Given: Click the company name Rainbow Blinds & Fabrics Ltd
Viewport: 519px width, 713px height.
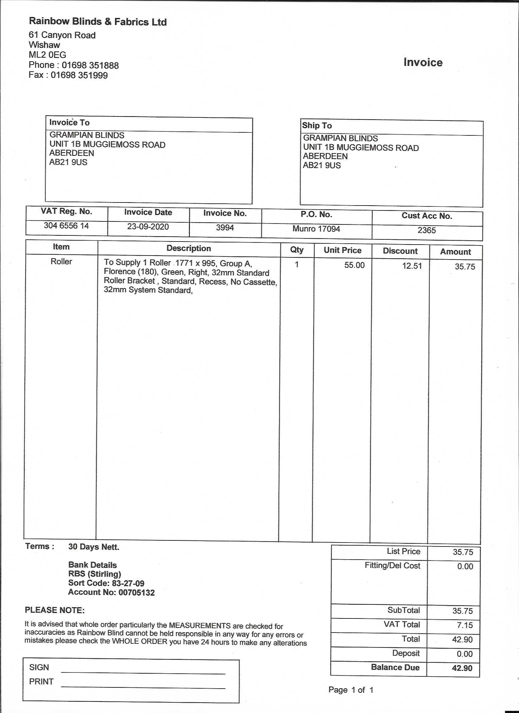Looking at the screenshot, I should [98, 22].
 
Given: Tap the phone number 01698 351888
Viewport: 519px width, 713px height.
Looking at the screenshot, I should [90, 65].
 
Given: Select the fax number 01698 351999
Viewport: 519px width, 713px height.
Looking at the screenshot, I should [79, 75].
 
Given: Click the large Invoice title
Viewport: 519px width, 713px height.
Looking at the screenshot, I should [423, 62].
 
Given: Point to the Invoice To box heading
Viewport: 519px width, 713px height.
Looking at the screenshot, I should [69, 122].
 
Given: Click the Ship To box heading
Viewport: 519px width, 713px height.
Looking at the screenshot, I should [317, 125].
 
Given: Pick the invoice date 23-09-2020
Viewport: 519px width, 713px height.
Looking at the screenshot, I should [148, 227].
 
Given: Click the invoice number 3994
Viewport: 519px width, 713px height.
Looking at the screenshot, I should [225, 228].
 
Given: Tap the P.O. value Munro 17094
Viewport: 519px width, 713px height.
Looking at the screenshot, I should [316, 228].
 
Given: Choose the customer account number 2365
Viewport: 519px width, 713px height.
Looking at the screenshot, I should [426, 230].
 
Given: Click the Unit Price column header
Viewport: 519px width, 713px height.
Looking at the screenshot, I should [343, 250].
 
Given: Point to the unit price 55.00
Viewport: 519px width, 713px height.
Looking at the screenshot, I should [354, 265].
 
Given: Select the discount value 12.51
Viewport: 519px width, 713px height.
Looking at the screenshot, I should [412, 266].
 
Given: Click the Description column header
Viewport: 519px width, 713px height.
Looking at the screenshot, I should [189, 248].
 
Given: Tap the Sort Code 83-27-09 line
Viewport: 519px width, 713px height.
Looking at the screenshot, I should [106, 583].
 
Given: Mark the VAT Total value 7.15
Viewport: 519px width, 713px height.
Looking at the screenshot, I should [465, 625].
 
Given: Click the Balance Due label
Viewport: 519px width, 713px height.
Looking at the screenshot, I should [395, 667].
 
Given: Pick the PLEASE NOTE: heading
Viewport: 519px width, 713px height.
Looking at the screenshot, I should [55, 610].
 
